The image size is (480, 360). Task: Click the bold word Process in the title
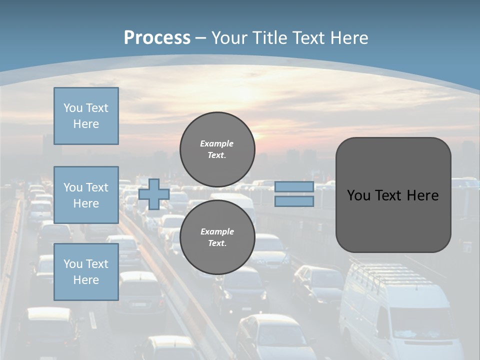157,37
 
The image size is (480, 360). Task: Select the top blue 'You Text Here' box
86,116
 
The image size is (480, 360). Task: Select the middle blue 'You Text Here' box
86,195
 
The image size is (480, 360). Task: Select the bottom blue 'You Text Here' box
86,271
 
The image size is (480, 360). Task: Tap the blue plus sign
154,194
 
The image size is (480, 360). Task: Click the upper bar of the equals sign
294,186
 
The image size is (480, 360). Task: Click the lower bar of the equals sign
294,201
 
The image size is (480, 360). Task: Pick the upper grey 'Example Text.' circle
217,149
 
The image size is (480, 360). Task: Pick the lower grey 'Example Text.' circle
217,237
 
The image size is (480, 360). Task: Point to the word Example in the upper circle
216,143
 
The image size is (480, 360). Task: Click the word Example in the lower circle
217,231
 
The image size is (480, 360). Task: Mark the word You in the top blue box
72,108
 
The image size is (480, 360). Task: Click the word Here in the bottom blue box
86,280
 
